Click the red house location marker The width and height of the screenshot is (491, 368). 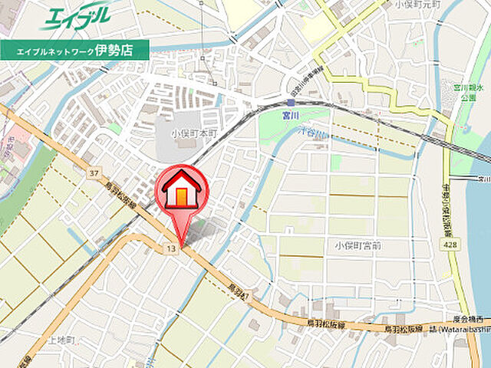[x=180, y=196]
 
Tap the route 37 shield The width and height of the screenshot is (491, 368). [x=94, y=173]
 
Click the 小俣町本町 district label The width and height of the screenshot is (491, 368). [x=196, y=132]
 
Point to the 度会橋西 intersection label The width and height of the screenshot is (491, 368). [x=468, y=319]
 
